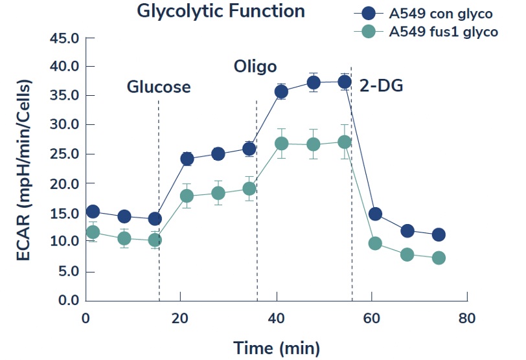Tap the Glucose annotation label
(x=159, y=87)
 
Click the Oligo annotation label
(x=255, y=66)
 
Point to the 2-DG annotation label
(x=381, y=84)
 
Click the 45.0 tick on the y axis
(x=63, y=38)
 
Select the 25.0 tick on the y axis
(x=63, y=155)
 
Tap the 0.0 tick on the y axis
(x=67, y=301)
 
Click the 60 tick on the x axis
(x=372, y=319)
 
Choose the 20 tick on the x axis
(x=181, y=319)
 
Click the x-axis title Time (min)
(x=276, y=348)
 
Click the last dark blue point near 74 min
(x=439, y=234)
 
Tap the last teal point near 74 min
(x=439, y=258)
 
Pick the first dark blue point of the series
(x=93, y=212)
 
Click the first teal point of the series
(x=93, y=232)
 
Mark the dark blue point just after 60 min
(x=375, y=214)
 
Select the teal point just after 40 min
(x=281, y=143)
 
